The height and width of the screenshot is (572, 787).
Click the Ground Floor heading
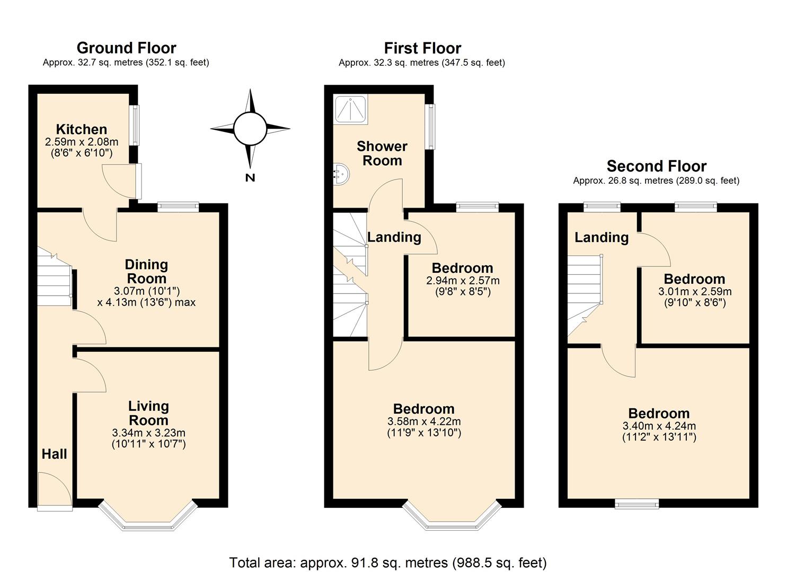click(126, 48)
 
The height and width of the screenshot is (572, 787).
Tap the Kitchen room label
click(82, 129)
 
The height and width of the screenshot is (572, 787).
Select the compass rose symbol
click(250, 129)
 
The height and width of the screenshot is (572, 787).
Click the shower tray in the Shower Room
click(350, 110)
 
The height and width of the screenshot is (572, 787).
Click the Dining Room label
click(146, 271)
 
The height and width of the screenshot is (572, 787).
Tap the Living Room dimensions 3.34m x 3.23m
click(148, 433)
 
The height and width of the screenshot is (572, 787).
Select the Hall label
click(55, 454)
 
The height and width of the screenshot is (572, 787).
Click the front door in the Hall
click(55, 491)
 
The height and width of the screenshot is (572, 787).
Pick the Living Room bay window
click(148, 522)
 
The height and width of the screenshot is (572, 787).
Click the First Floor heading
click(422, 48)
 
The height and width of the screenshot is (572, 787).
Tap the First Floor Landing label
click(394, 237)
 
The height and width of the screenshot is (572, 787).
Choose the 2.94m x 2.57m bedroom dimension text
click(463, 281)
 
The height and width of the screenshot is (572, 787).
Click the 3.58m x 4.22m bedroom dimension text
click(424, 422)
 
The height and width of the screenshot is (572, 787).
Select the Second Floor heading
click(656, 166)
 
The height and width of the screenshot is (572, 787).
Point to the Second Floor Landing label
click(602, 237)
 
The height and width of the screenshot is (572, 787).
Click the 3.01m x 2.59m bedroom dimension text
click(695, 291)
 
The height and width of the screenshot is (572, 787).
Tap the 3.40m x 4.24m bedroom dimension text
click(659, 426)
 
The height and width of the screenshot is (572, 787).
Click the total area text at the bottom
click(387, 562)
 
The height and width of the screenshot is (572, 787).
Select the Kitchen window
click(136, 126)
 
